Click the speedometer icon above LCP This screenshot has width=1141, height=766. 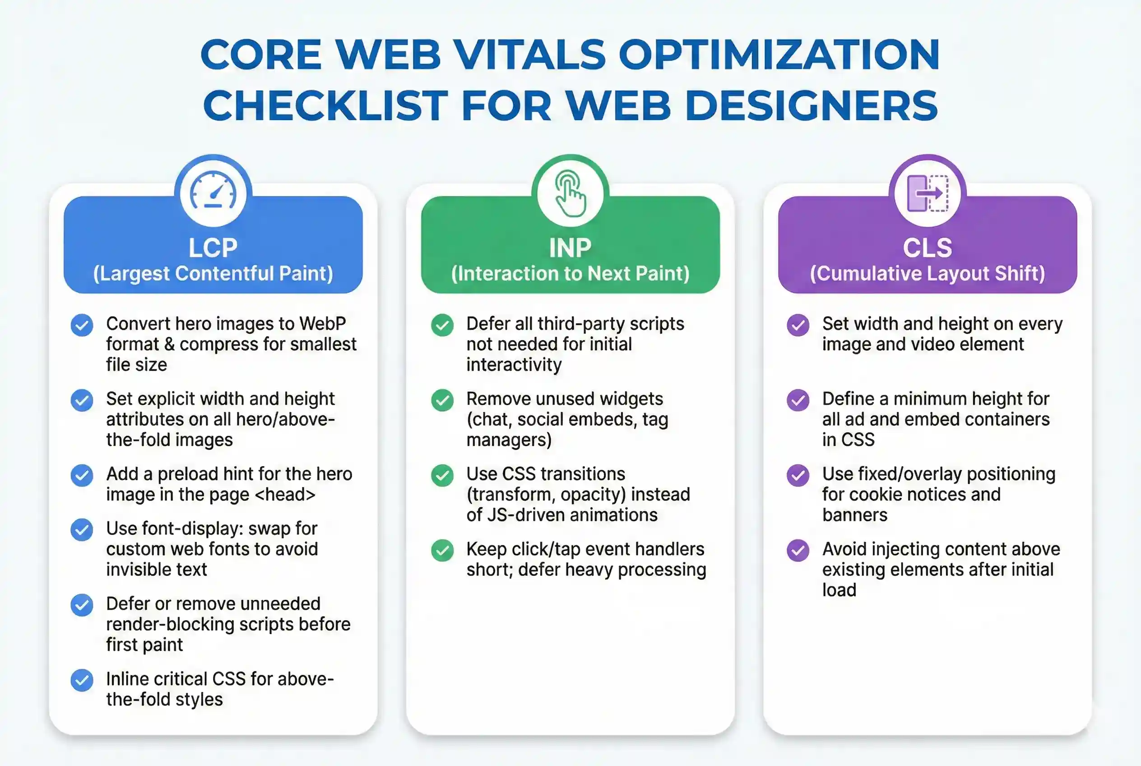click(x=213, y=192)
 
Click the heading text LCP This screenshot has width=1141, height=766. click(x=213, y=248)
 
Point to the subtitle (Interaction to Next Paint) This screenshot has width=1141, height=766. click(x=570, y=274)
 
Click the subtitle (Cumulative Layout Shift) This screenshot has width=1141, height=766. click(x=927, y=274)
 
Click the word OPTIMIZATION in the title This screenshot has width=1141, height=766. click(x=779, y=55)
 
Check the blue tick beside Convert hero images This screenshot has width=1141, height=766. click(x=82, y=325)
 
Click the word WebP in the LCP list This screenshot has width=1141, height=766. click(x=322, y=324)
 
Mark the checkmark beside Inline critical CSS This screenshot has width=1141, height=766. click(x=82, y=680)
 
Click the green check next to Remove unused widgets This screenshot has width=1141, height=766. click(x=442, y=400)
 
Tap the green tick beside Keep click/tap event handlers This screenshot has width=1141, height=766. click(x=442, y=551)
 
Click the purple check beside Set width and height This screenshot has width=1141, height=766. click(x=798, y=325)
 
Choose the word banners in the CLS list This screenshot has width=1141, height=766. click(x=854, y=515)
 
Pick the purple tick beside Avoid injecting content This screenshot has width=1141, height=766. click(x=798, y=551)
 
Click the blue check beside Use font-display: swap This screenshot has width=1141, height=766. click(x=82, y=529)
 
